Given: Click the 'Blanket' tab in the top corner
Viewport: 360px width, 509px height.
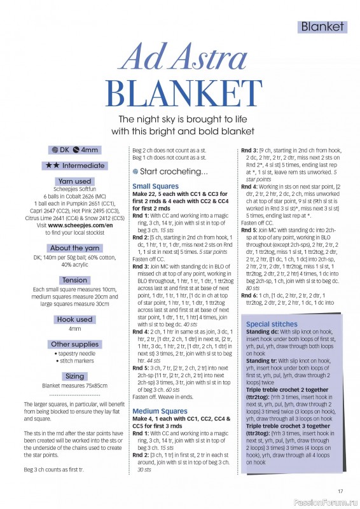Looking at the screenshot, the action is click(x=322, y=27).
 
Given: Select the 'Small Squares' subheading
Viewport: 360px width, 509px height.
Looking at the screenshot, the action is click(x=155, y=186).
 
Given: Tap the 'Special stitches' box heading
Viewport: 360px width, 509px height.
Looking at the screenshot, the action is click(x=271, y=324).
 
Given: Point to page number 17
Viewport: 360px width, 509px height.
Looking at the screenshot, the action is click(x=340, y=490).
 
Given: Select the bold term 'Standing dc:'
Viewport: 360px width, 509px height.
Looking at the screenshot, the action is click(x=263, y=332).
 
